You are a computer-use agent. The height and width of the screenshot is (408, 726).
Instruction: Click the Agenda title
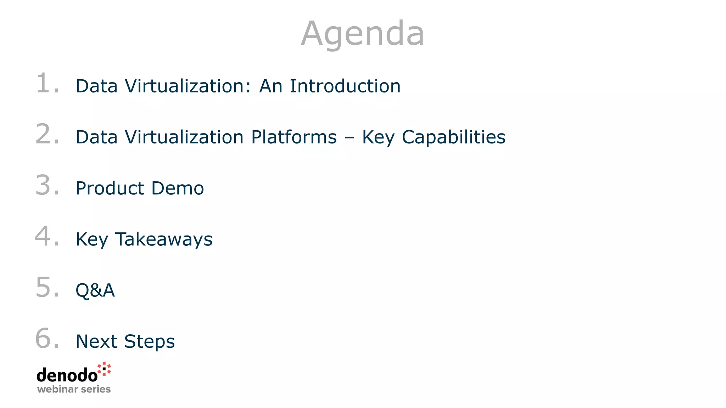point(362,34)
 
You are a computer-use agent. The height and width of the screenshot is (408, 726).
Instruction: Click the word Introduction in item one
point(345,86)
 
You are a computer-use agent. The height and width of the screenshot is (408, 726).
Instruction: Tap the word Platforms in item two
point(294,137)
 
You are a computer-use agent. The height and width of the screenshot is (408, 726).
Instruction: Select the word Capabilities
point(453,137)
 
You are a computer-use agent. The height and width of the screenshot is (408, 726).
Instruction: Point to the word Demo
point(178,188)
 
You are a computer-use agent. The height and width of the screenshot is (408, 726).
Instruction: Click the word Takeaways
point(164,239)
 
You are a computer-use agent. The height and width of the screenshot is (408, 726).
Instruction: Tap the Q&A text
point(95,290)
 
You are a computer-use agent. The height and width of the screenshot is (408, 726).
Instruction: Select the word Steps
point(149,342)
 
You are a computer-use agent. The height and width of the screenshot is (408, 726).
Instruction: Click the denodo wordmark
point(67,375)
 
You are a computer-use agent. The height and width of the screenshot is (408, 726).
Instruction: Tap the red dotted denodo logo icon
point(104,369)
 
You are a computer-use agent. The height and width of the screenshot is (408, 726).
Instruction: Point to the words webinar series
point(74,389)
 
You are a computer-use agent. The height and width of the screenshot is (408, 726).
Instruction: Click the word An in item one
point(270,86)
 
